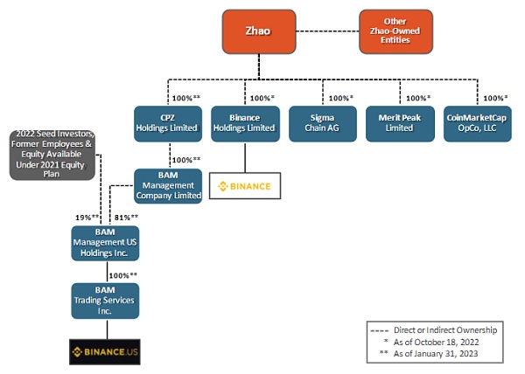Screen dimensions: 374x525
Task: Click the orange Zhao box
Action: (x=257, y=31)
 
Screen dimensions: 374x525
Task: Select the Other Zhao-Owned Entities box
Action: (x=395, y=31)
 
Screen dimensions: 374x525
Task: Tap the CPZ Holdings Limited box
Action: (x=166, y=123)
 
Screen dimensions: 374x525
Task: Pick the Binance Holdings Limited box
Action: (x=244, y=123)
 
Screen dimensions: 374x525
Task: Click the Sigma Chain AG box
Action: (x=322, y=123)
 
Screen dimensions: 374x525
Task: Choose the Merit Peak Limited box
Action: (x=400, y=123)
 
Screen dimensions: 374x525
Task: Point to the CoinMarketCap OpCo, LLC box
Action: (x=478, y=123)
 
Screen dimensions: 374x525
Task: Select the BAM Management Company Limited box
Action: (x=169, y=185)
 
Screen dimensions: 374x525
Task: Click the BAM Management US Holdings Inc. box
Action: (x=105, y=242)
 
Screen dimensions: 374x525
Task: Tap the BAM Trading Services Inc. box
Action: (x=105, y=300)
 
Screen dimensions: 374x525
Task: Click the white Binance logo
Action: (x=244, y=186)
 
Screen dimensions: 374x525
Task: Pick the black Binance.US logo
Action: (x=105, y=352)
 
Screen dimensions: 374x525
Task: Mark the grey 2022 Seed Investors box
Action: (x=52, y=155)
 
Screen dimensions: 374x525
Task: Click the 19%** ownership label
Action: (x=85, y=216)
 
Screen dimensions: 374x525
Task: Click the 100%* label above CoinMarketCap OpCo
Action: (x=495, y=98)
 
